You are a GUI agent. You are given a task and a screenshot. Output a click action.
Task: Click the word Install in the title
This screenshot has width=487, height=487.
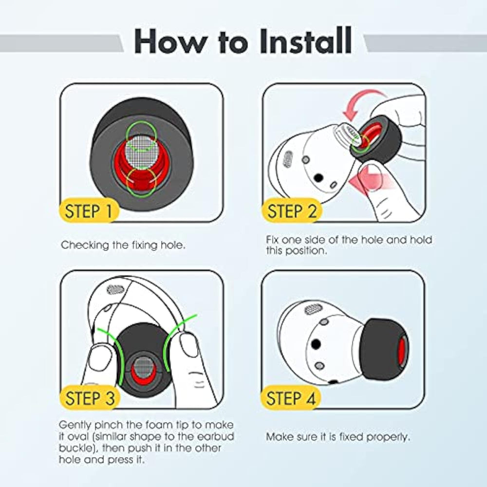tap(306, 41)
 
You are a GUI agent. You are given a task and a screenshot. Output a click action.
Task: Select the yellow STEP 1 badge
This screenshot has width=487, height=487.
tap(89, 210)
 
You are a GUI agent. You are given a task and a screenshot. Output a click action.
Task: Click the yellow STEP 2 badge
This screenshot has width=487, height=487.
tap(292, 210)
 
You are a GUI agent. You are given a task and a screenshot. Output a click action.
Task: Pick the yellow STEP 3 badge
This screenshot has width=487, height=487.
tap(90, 397)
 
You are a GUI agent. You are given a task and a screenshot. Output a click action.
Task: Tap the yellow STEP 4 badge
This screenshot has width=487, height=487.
tap(291, 397)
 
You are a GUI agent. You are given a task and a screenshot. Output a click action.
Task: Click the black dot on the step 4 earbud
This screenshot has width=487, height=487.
tap(316, 344)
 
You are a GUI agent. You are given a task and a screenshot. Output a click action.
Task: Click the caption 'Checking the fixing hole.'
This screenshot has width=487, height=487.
tap(123, 245)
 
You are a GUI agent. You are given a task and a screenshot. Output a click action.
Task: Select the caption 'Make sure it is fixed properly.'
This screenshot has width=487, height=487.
tap(338, 437)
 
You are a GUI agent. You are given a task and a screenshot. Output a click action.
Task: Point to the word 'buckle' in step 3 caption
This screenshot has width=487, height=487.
tap(75, 448)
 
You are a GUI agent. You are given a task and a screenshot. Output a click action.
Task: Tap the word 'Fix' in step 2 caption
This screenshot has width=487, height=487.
tap(272, 240)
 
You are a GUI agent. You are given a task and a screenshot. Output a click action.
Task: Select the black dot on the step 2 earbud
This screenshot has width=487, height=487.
tap(318, 178)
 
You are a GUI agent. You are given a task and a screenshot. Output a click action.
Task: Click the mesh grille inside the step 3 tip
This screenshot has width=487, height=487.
tap(143, 367)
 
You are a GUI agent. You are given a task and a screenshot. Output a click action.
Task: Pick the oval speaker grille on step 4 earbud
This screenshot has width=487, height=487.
tap(313, 309)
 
